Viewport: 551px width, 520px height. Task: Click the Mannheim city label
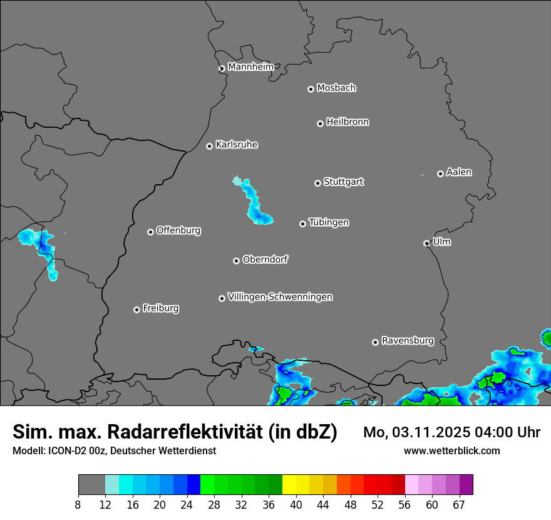[x=250, y=67]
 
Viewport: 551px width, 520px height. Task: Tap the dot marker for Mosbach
[x=311, y=89]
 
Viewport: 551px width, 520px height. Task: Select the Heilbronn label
[x=348, y=122]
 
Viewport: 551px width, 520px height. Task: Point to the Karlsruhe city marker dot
[x=210, y=146]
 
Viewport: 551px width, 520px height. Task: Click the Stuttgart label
[x=343, y=182]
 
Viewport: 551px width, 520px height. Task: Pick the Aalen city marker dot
[x=440, y=174]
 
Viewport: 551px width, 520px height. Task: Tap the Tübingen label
[x=329, y=223]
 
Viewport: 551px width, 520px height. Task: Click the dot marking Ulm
[x=426, y=243]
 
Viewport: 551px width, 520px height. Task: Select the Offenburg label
[x=178, y=231]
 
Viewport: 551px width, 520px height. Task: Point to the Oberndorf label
[x=265, y=259]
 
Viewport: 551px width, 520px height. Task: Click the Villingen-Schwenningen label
[x=280, y=297]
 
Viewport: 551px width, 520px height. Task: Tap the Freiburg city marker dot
[x=136, y=309]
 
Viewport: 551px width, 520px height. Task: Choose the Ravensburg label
[x=408, y=341]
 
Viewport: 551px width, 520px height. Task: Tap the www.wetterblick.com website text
[x=451, y=451]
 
